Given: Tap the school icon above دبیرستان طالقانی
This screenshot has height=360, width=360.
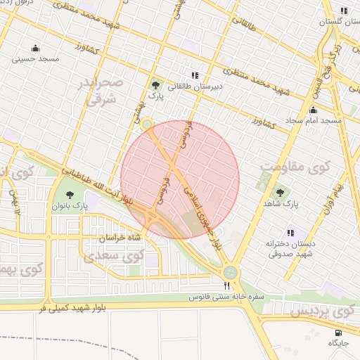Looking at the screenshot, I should [195, 75].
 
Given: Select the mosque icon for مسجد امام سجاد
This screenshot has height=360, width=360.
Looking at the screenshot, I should [313, 110].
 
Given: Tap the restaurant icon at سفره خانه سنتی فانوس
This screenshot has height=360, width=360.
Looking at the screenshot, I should [226, 285].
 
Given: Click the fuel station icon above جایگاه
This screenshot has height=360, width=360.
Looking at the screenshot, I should [338, 332].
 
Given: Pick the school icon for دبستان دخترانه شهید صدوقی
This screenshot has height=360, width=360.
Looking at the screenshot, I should [290, 233].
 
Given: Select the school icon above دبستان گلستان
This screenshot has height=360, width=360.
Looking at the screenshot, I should [343, 11].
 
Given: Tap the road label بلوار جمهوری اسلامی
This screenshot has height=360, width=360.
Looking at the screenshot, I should [199, 211].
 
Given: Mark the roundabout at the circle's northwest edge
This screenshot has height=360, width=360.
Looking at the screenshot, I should [147, 124].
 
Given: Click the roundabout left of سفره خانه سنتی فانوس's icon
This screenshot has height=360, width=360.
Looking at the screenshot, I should [229, 273].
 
